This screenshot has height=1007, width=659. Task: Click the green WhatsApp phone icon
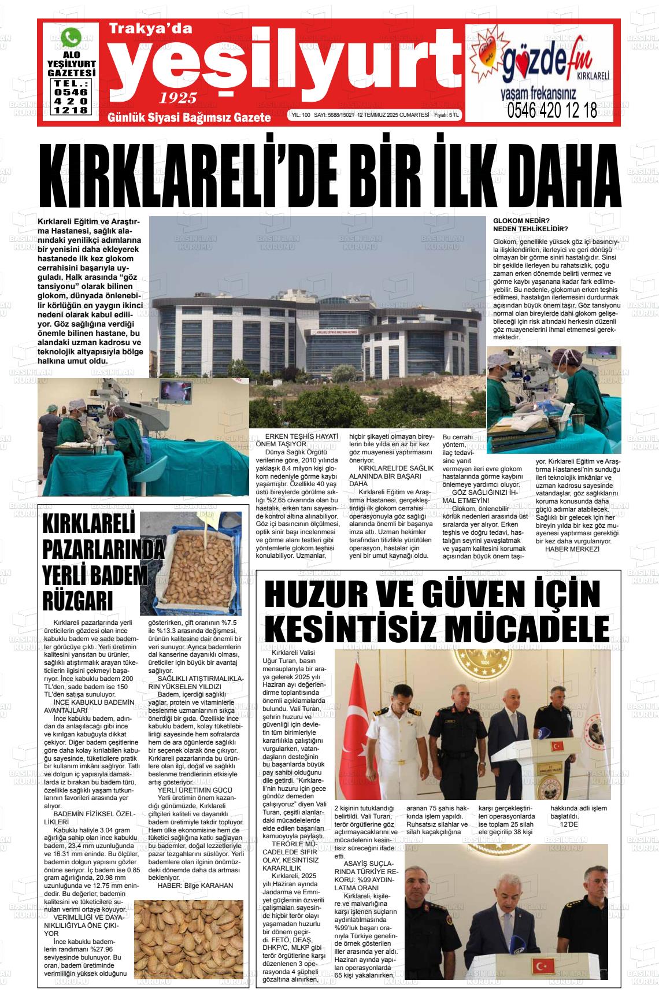point(72,39)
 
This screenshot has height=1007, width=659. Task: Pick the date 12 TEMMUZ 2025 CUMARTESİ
point(393,116)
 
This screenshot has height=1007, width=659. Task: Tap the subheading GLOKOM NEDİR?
point(521,221)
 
